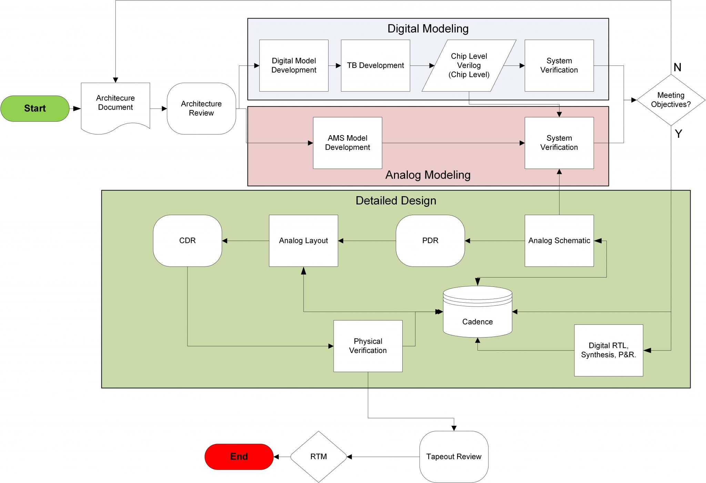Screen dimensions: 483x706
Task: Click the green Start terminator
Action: (x=35, y=108)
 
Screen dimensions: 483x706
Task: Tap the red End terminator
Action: (x=239, y=456)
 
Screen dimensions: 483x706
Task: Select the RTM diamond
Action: (x=319, y=456)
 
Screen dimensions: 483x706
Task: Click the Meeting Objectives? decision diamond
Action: (x=670, y=100)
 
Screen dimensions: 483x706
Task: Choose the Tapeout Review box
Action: (x=454, y=456)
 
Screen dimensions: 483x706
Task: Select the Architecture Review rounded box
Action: (x=201, y=108)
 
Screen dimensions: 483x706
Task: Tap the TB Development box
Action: (x=375, y=66)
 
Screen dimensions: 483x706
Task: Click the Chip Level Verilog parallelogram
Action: (x=469, y=66)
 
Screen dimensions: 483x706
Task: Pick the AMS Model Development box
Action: (x=347, y=143)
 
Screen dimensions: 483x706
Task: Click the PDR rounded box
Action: (x=430, y=241)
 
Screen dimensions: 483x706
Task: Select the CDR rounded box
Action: (x=187, y=241)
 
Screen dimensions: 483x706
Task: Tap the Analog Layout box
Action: (x=303, y=241)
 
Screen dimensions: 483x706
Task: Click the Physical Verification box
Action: (x=368, y=346)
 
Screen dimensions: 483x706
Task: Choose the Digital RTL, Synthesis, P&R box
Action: (x=608, y=350)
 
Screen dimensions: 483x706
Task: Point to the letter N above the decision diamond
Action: (x=677, y=67)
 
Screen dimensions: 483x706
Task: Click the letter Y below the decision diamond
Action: (x=678, y=133)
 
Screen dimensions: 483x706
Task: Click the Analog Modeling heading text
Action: (x=428, y=175)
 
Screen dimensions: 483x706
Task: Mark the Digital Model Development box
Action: (x=294, y=66)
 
